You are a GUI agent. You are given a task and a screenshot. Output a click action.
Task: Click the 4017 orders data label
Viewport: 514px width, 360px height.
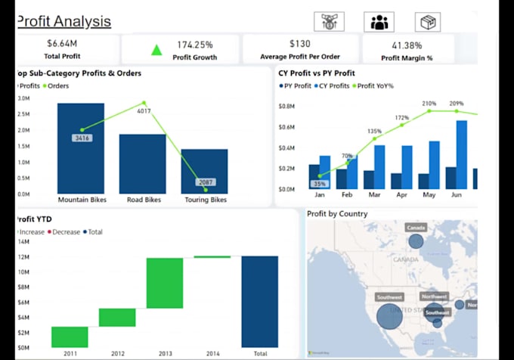[144, 111]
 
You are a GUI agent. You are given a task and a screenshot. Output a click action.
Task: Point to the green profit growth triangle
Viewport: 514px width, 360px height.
[156, 51]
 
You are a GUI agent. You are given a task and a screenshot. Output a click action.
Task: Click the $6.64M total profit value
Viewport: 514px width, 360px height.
[62, 44]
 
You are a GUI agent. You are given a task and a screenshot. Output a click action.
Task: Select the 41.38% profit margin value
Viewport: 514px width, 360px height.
[407, 45]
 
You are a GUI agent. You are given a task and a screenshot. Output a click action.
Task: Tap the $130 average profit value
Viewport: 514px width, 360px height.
[299, 44]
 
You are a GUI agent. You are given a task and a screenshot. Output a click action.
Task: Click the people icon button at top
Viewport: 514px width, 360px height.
[378, 22]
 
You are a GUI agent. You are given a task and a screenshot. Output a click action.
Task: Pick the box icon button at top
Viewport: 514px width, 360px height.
[429, 22]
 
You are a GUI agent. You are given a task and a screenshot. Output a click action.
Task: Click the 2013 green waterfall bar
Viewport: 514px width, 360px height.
[165, 283]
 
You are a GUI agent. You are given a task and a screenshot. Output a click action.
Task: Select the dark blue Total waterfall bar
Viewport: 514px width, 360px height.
[260, 301]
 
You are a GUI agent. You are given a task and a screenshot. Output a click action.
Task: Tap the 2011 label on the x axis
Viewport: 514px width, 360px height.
[70, 353]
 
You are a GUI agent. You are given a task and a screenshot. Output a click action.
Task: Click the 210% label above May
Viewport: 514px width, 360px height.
[429, 104]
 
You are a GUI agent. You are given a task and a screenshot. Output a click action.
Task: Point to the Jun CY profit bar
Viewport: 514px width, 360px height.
[461, 154]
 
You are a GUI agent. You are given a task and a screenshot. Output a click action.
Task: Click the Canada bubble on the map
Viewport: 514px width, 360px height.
[416, 241]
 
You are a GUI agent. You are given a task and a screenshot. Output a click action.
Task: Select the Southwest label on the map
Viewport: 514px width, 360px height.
[389, 297]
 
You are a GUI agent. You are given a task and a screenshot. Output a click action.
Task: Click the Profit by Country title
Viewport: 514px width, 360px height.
[337, 214]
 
